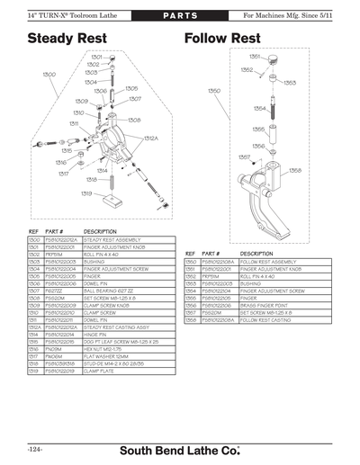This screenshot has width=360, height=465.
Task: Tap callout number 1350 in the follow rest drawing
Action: point(214,91)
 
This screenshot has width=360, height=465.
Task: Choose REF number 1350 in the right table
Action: point(190,262)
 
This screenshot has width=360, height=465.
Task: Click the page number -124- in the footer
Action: point(24,447)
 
